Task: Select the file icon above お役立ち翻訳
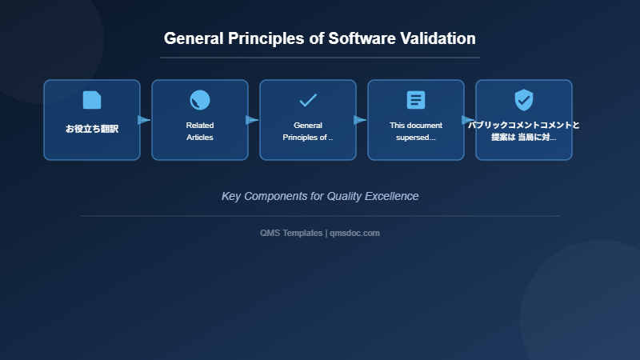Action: (92, 100)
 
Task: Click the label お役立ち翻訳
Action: (92, 129)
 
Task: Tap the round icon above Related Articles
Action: (200, 100)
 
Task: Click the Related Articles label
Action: (200, 131)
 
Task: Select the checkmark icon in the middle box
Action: (308, 100)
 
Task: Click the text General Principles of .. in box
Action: (308, 131)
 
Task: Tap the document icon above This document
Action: (416, 100)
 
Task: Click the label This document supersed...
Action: (416, 131)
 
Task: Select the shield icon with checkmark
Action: (524, 100)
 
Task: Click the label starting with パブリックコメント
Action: (524, 131)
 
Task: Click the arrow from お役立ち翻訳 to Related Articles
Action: (144, 120)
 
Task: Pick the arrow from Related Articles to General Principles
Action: (252, 120)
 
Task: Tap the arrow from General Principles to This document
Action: (360, 120)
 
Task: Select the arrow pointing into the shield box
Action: (468, 120)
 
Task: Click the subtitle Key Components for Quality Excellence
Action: (320, 196)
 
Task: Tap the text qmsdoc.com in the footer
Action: (354, 233)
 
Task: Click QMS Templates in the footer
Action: (291, 233)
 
